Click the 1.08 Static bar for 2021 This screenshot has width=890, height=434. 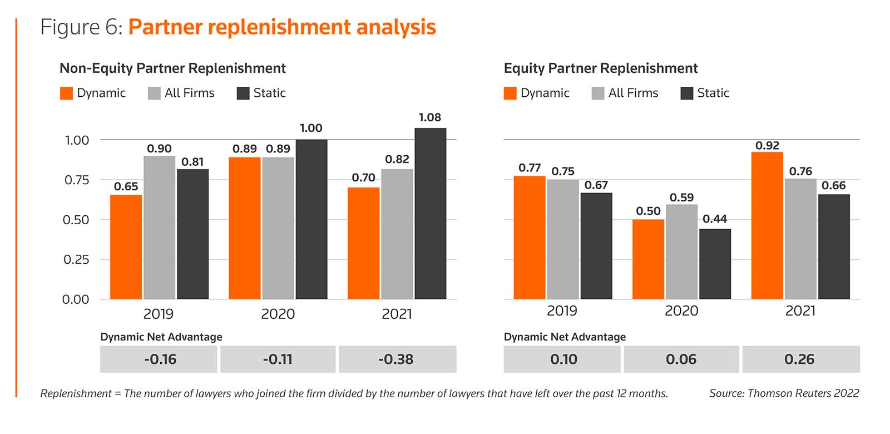pyautogui.click(x=430, y=214)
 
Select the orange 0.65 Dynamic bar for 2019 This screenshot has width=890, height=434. pyautogui.click(x=126, y=247)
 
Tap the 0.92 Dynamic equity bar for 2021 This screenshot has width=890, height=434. pyautogui.click(x=767, y=225)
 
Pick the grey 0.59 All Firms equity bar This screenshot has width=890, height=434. pyautogui.click(x=681, y=251)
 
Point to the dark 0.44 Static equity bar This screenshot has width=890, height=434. pyautogui.click(x=715, y=264)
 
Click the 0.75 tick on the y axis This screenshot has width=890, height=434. pyautogui.click(x=77, y=180)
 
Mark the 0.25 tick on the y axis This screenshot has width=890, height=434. pyautogui.click(x=77, y=260)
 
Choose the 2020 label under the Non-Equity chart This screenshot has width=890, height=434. pyautogui.click(x=278, y=314)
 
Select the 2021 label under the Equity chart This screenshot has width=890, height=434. pyautogui.click(x=800, y=310)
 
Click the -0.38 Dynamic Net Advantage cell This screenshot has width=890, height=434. pyautogui.click(x=397, y=359)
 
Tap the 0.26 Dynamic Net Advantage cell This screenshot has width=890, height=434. pyautogui.click(x=800, y=359)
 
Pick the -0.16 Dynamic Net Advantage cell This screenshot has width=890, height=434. pyautogui.click(x=159, y=359)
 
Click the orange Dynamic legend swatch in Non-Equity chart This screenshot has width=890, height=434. pyautogui.click(x=66, y=93)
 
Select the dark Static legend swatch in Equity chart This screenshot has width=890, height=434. pyautogui.click(x=687, y=93)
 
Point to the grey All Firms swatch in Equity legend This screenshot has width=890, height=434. pyautogui.click(x=598, y=93)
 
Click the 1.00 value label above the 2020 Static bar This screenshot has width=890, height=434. pyautogui.click(x=311, y=128)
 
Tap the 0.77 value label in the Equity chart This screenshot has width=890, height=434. pyautogui.click(x=530, y=167)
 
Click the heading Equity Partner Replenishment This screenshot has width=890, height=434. pyautogui.click(x=600, y=68)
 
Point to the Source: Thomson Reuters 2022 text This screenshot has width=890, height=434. pyautogui.click(x=784, y=393)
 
